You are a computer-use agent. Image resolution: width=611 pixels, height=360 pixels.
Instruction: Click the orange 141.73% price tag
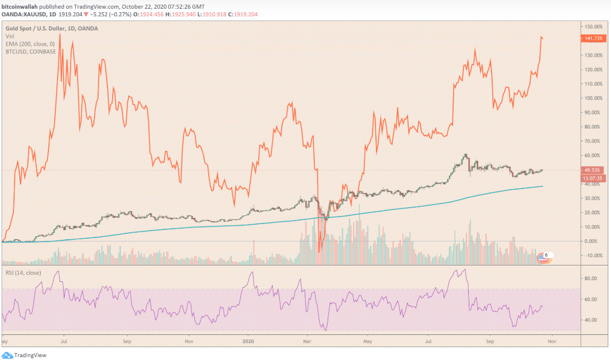592,39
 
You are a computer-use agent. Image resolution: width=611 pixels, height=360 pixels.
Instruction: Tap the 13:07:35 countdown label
592,178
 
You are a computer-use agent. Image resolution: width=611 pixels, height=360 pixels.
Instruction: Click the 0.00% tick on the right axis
591,241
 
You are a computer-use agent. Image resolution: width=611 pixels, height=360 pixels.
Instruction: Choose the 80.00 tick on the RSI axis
591,278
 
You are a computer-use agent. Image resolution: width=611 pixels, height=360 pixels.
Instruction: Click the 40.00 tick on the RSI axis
591,320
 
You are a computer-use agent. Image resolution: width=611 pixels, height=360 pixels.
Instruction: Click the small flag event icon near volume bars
544,257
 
